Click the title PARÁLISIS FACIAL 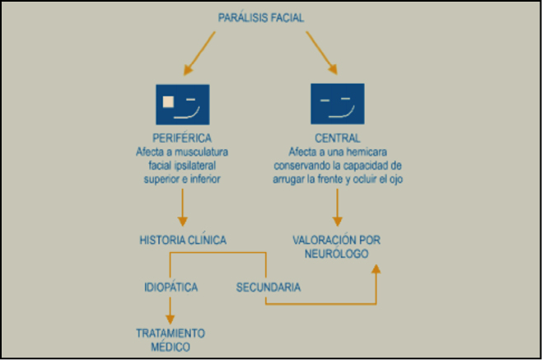(263, 16)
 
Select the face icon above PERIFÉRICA (182, 104)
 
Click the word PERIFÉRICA (183, 138)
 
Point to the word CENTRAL (337, 138)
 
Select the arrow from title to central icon (322, 54)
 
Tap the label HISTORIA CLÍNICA (183, 240)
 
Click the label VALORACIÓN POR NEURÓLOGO (337, 245)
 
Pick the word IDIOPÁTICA (171, 288)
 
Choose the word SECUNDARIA (269, 288)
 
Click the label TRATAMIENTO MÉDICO (171, 339)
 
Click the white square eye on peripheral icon (168, 102)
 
